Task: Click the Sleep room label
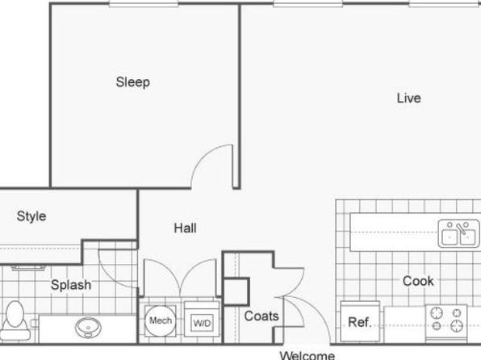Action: pyautogui.click(x=133, y=82)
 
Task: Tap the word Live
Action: pyautogui.click(x=408, y=98)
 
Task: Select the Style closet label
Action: pyautogui.click(x=31, y=216)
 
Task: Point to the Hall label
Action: pyautogui.click(x=186, y=228)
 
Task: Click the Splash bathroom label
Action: pyautogui.click(x=71, y=285)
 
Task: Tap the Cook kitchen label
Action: pyautogui.click(x=418, y=281)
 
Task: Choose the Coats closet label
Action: pyautogui.click(x=261, y=316)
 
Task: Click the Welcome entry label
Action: pyautogui.click(x=307, y=355)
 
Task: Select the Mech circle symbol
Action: pyautogui.click(x=161, y=320)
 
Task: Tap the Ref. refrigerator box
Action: pyautogui.click(x=360, y=321)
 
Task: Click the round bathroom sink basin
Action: pyautogui.click(x=88, y=328)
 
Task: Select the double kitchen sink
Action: pyautogui.click(x=458, y=233)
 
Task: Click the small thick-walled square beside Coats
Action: pyautogui.click(x=236, y=291)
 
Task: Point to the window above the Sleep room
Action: pyautogui.click(x=144, y=4)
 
